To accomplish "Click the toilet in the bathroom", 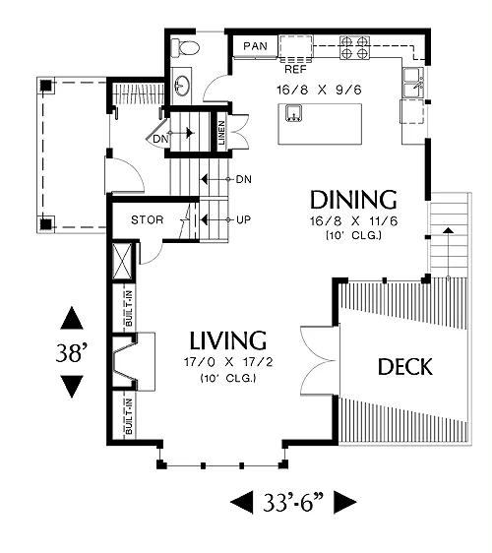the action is click(x=185, y=48).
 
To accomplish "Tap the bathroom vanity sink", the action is click(x=182, y=86).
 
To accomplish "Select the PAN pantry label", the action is click(x=255, y=46).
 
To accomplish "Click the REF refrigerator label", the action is click(x=295, y=70).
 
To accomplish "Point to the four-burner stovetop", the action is click(x=354, y=47).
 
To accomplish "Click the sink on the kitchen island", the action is click(x=294, y=113).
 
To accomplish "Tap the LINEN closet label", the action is click(x=221, y=133).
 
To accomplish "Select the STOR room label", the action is click(x=148, y=220).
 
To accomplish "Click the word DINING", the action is click(x=353, y=200).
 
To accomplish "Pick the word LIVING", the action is click(x=228, y=340).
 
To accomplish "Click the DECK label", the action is click(x=404, y=367).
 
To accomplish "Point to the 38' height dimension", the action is click(x=71, y=352).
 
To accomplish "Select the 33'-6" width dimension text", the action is click(x=293, y=502).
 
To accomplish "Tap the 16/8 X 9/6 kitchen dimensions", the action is click(x=319, y=90).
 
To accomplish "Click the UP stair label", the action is click(x=244, y=220).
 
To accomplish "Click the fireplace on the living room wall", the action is click(x=134, y=361).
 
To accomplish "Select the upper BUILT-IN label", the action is click(x=129, y=308).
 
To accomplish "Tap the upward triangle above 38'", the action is click(x=72, y=318).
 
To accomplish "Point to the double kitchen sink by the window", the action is click(x=413, y=83).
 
